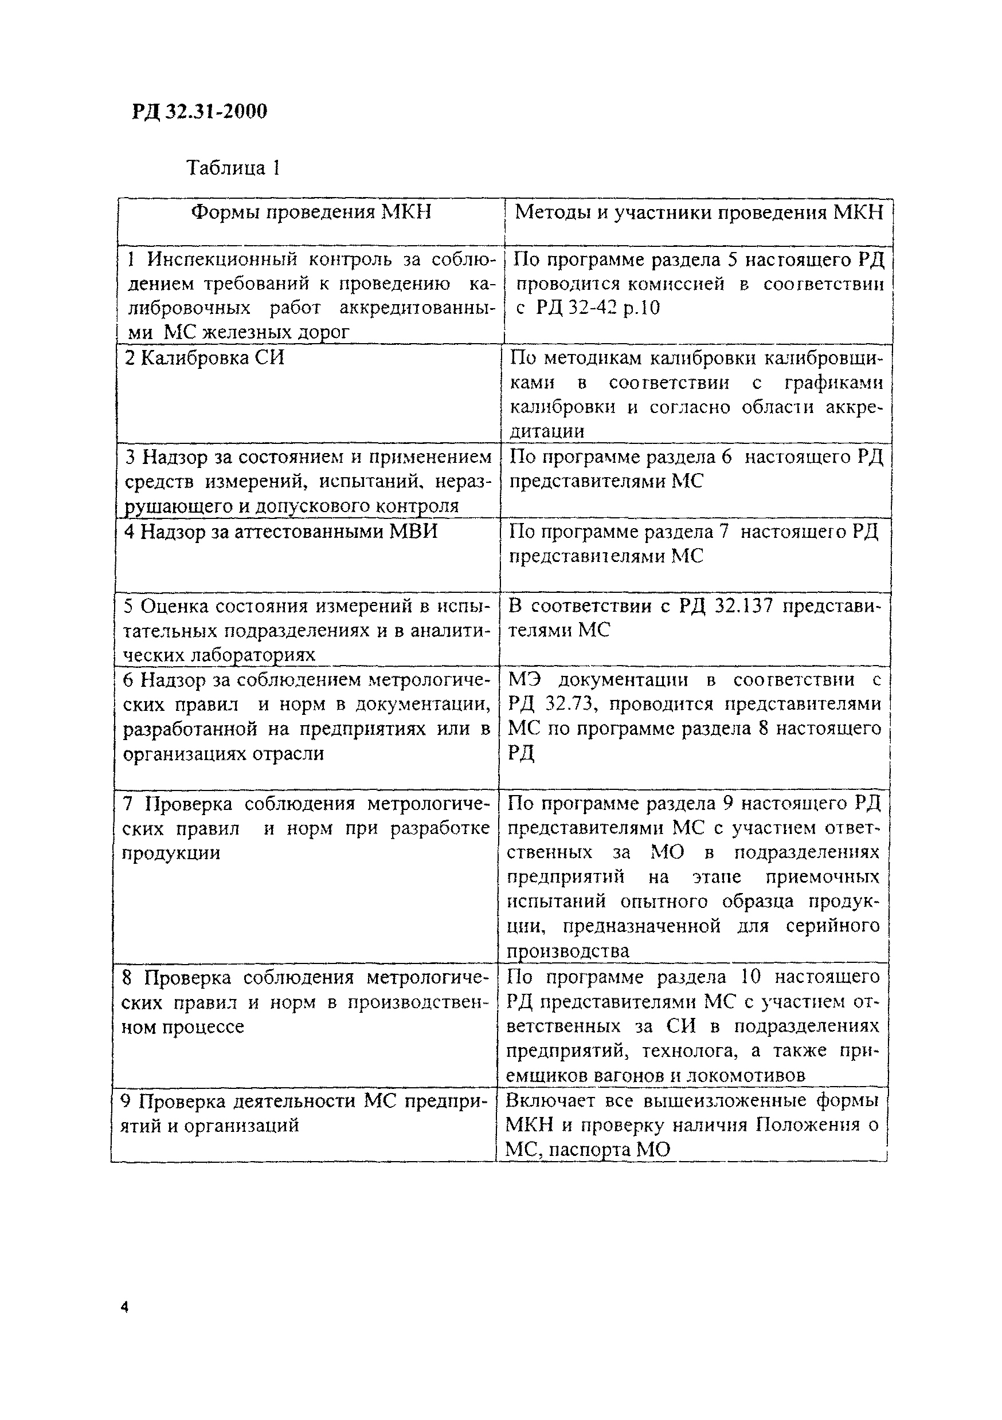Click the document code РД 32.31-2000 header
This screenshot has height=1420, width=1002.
tap(199, 111)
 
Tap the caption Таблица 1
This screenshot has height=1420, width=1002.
tap(233, 168)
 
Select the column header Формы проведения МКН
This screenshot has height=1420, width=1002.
tap(311, 212)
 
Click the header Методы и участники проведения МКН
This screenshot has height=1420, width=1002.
tap(699, 212)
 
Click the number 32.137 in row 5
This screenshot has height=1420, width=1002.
tap(744, 605)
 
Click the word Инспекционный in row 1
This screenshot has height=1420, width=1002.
tap(222, 259)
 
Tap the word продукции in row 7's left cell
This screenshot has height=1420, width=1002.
tap(171, 853)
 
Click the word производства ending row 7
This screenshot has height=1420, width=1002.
tap(567, 951)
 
